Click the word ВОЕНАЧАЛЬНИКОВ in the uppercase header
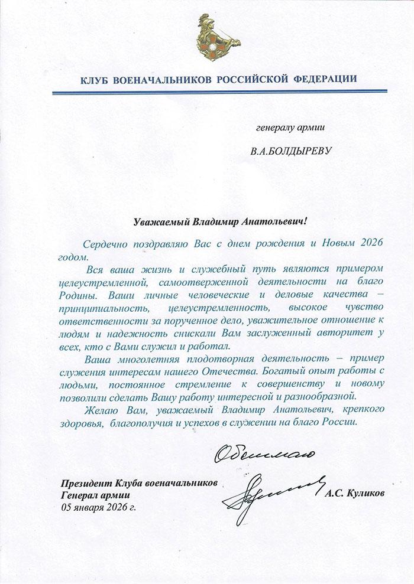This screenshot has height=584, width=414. pos(156,79)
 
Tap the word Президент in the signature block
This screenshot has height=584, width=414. pos(83,484)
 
